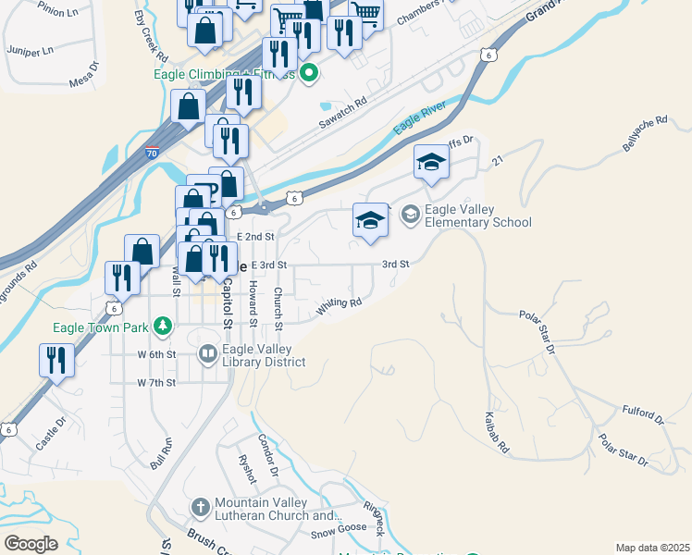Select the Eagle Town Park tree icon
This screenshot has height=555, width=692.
[163, 325]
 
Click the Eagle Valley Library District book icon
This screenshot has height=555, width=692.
[207, 353]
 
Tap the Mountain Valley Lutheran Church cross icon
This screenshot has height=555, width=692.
[200, 507]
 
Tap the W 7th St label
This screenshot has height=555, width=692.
[155, 382]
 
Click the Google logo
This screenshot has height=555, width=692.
[31, 544]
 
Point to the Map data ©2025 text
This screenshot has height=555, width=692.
[652, 548]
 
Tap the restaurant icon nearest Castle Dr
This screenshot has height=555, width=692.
[56, 360]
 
